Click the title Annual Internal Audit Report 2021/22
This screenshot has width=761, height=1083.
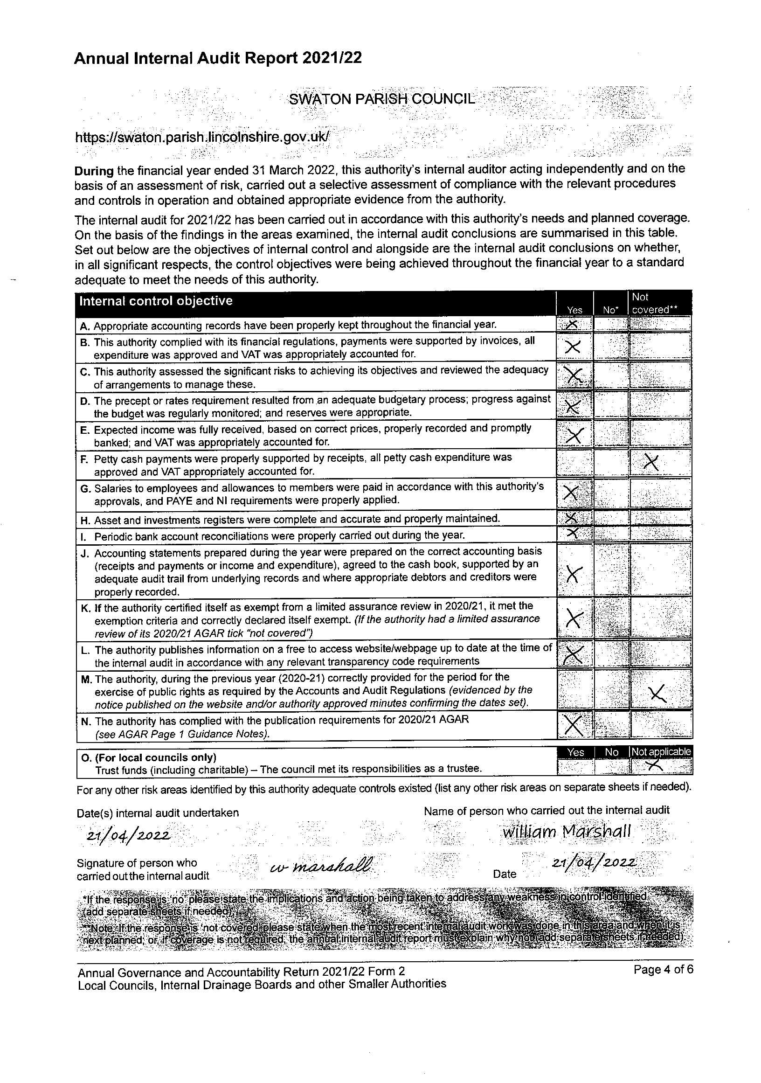pos(218,58)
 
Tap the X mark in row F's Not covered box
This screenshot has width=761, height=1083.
pos(651,464)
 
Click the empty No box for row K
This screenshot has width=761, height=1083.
pos(611,618)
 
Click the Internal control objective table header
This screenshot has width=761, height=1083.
pos(156,301)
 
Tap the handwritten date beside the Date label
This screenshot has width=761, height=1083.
pos(595,863)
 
